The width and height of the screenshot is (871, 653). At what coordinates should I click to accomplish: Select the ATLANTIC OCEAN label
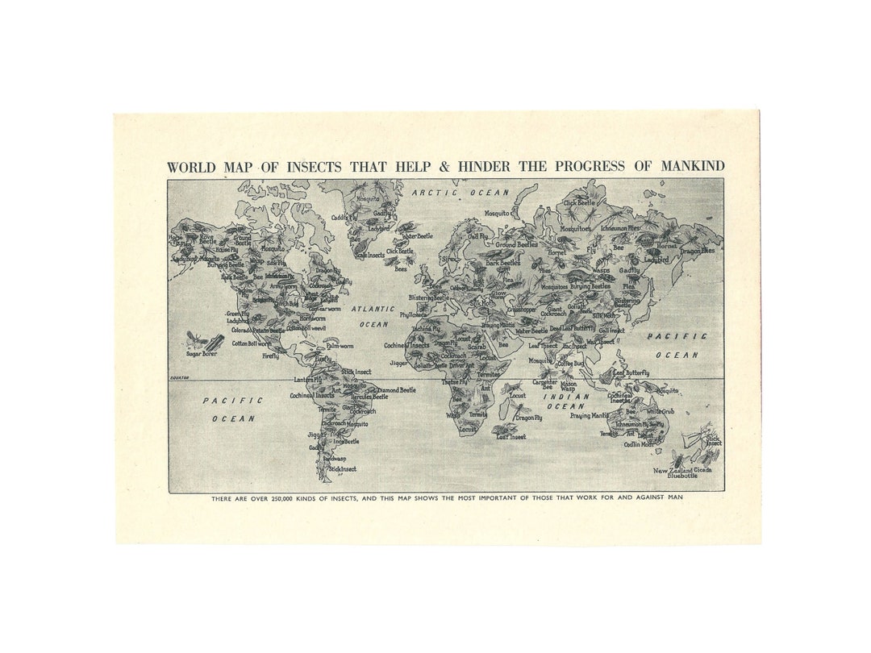click(373, 316)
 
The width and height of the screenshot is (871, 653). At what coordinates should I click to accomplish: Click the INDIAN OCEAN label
click(565, 401)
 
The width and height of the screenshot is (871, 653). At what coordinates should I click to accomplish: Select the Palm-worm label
click(340, 346)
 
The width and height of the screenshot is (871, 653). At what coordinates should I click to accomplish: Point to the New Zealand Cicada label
click(682, 469)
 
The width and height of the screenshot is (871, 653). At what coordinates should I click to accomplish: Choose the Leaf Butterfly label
click(631, 372)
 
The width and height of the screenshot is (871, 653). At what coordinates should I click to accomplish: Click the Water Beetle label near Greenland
click(417, 236)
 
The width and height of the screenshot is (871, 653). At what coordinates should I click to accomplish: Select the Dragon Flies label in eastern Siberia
click(697, 251)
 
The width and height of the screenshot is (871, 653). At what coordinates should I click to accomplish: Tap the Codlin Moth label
click(639, 444)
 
